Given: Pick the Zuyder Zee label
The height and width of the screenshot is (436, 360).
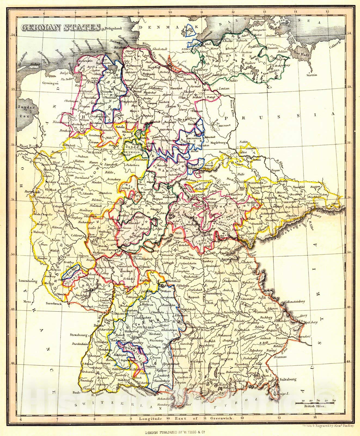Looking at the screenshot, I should [26, 111].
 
